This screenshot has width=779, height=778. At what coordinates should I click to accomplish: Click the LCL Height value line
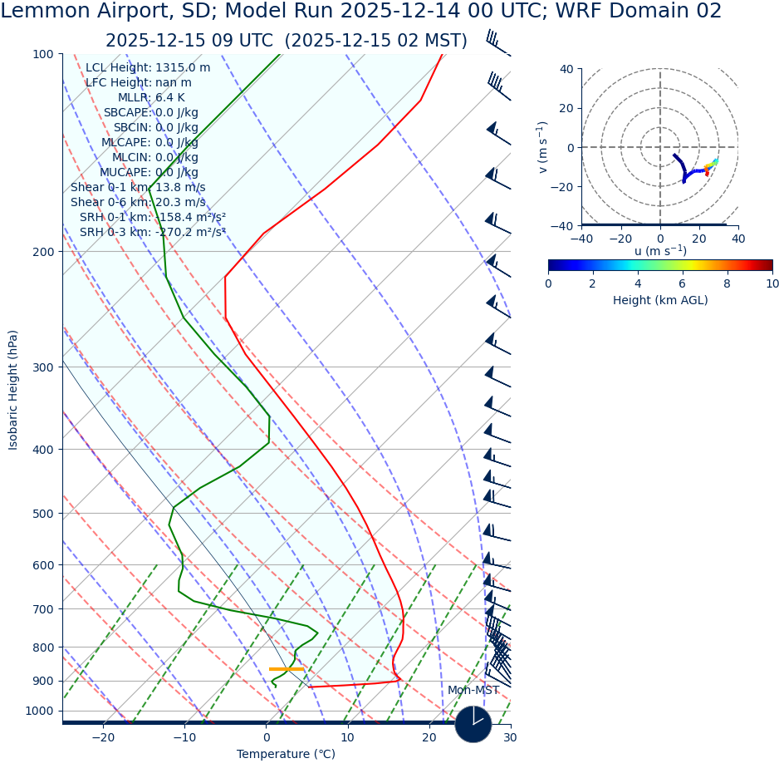click(x=148, y=68)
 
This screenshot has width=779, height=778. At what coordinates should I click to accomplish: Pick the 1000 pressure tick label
click(x=39, y=712)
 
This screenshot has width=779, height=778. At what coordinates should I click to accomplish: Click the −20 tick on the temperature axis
click(x=103, y=737)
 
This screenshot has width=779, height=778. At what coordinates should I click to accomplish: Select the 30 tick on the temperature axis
click(x=510, y=737)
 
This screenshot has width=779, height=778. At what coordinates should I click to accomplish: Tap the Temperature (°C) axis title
click(x=286, y=755)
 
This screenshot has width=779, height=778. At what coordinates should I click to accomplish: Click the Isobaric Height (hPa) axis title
click(x=13, y=390)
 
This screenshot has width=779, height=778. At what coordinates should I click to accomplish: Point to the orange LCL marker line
click(x=286, y=669)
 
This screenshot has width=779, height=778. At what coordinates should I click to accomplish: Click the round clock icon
click(x=473, y=724)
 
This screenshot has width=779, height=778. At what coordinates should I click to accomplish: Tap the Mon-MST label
click(x=473, y=691)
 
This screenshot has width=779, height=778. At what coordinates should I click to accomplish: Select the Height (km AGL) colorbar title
click(x=660, y=300)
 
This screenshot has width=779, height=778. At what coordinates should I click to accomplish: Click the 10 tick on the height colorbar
click(x=772, y=283)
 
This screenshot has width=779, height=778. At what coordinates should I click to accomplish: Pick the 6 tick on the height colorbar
click(x=683, y=283)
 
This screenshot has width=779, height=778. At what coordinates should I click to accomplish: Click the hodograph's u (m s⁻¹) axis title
click(x=660, y=251)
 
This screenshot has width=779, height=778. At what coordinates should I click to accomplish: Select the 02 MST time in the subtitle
click(x=430, y=42)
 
